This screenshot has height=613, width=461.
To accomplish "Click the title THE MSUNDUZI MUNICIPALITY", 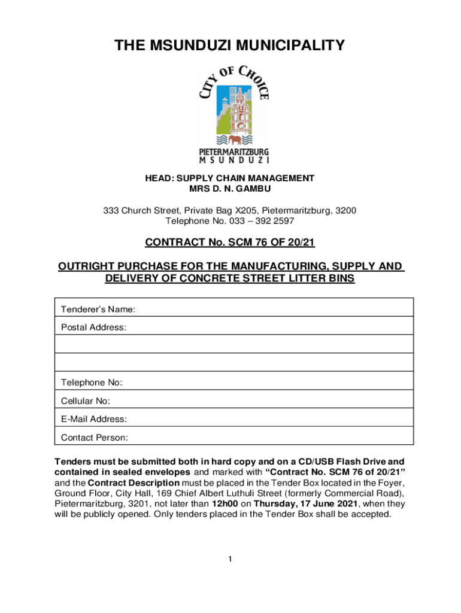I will pos(230,45).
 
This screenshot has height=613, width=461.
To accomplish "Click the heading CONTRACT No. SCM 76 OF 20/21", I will pos(230,242).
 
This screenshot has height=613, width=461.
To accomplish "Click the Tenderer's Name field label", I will pos(98,309).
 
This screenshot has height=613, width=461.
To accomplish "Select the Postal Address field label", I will pos(93,327).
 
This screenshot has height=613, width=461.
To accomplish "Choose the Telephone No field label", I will pos(92,383).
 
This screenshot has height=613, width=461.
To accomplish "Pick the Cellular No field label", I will pos(85,401).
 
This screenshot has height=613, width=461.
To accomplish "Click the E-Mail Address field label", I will pos(94,419).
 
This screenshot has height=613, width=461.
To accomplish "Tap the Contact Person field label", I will pos(95,438).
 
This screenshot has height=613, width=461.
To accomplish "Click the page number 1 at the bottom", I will pos(229,559).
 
